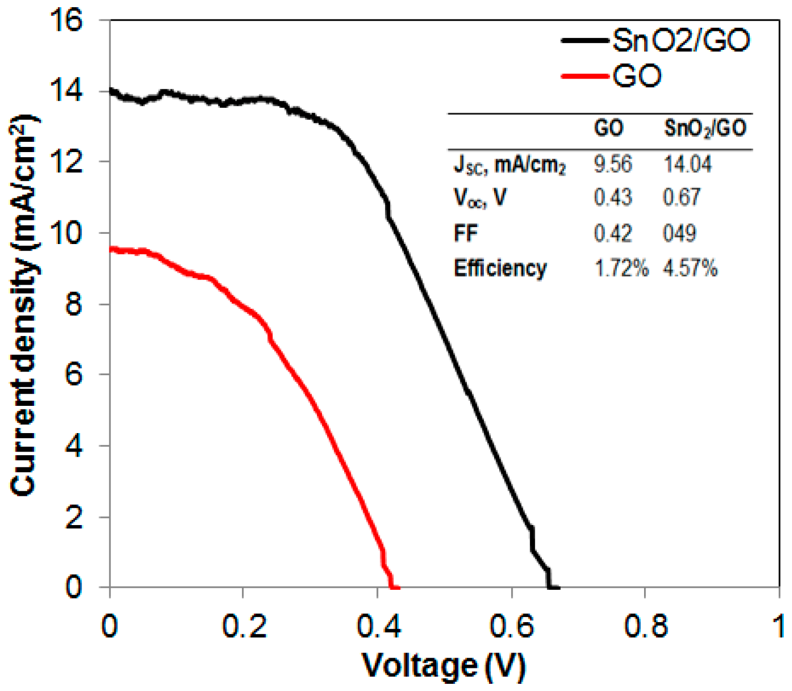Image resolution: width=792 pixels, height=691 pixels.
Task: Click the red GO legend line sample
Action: click(585, 77)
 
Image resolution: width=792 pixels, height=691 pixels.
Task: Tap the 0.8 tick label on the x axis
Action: click(645, 626)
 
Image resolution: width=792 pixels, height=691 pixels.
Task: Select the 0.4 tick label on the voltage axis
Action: click(378, 626)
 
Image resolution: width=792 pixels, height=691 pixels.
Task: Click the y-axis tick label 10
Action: click(66, 233)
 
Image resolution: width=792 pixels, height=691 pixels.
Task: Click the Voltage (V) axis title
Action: click(444, 666)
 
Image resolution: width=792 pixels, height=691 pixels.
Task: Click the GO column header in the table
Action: click(609, 128)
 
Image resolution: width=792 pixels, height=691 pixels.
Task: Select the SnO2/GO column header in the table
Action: click(705, 128)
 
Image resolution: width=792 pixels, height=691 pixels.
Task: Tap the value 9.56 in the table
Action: click(613, 164)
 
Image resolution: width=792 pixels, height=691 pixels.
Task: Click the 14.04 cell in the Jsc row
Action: click(687, 164)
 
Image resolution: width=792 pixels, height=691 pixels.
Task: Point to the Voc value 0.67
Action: click(682, 197)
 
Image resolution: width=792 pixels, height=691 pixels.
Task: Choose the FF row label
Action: click(465, 233)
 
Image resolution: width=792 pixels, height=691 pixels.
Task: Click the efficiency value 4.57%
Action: click(690, 268)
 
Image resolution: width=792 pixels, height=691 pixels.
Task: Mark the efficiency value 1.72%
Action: click(621, 268)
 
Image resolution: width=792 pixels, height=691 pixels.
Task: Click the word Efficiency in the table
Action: click(500, 268)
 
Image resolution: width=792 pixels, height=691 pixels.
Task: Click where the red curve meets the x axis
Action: click(393, 587)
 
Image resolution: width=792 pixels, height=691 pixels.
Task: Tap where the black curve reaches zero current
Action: click(552, 587)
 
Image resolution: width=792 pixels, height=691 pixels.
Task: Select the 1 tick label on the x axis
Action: click(779, 626)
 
